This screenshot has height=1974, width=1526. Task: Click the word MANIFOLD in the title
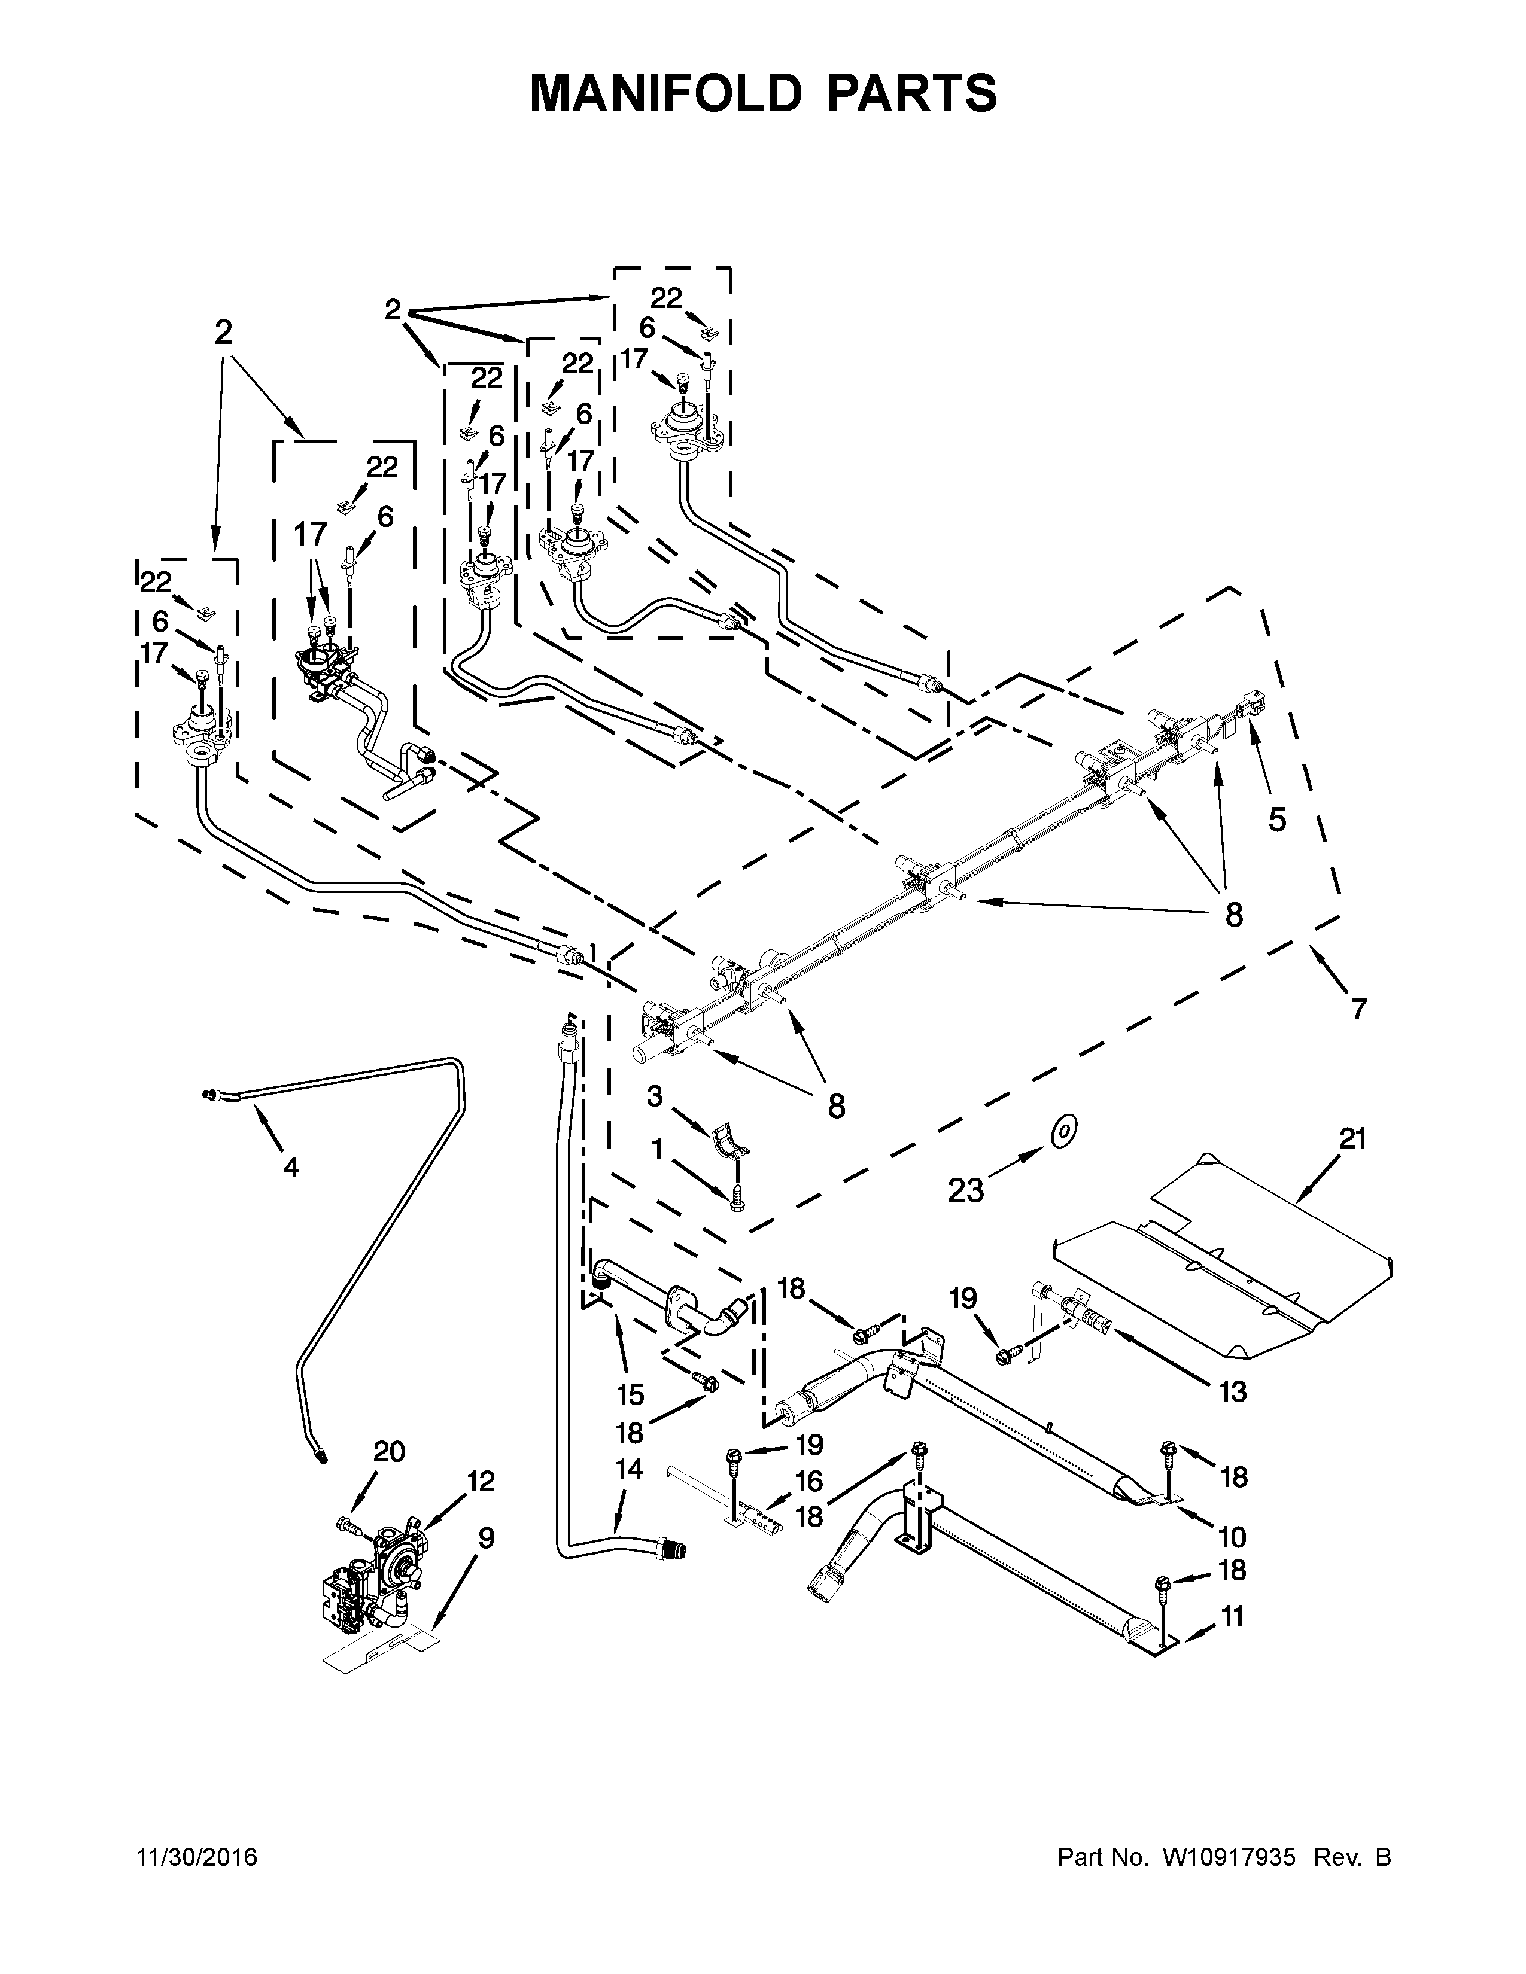click(664, 93)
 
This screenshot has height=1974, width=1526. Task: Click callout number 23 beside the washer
click(965, 1191)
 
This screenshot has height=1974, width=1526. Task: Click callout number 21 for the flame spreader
click(1352, 1139)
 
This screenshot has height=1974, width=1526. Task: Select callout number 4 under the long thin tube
click(290, 1168)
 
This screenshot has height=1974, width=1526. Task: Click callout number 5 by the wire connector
click(1276, 820)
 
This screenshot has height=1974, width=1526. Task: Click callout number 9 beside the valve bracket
click(487, 1537)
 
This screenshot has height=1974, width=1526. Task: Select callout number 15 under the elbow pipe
click(630, 1394)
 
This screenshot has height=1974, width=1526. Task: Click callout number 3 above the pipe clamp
click(655, 1097)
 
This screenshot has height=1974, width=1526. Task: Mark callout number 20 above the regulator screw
click(389, 1452)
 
